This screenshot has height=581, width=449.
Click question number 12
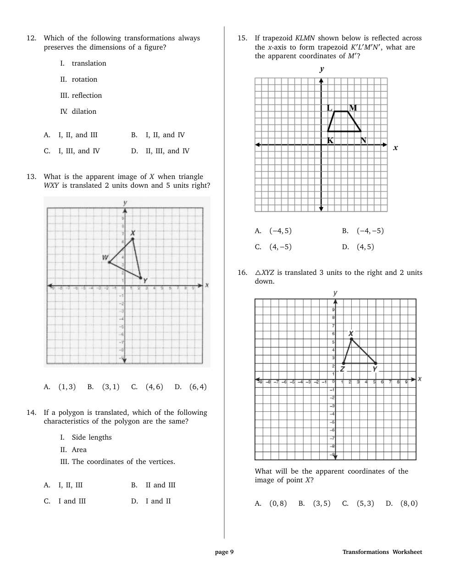tap(31, 39)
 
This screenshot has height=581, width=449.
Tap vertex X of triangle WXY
tap(133, 239)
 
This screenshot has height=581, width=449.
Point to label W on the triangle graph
tap(105, 257)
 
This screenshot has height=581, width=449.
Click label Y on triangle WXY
tap(145, 280)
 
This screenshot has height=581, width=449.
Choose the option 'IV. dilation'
tap(78, 112)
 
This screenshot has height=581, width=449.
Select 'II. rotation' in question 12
tap(79, 79)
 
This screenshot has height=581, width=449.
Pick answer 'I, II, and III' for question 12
tap(78, 135)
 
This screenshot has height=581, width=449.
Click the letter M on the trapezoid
tap(353, 108)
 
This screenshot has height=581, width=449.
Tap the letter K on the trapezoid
tap(330, 140)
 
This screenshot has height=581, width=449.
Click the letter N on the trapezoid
tap(363, 140)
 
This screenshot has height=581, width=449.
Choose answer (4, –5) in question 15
tap(280, 247)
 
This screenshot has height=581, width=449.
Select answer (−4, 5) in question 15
tap(280, 231)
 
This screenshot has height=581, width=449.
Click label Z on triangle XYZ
tap(343, 369)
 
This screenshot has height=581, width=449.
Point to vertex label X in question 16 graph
tap(351, 333)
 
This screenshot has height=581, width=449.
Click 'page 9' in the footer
tap(224, 552)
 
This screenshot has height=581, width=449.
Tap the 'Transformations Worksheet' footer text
tap(382, 552)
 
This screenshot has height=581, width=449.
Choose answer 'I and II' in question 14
tap(158, 501)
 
